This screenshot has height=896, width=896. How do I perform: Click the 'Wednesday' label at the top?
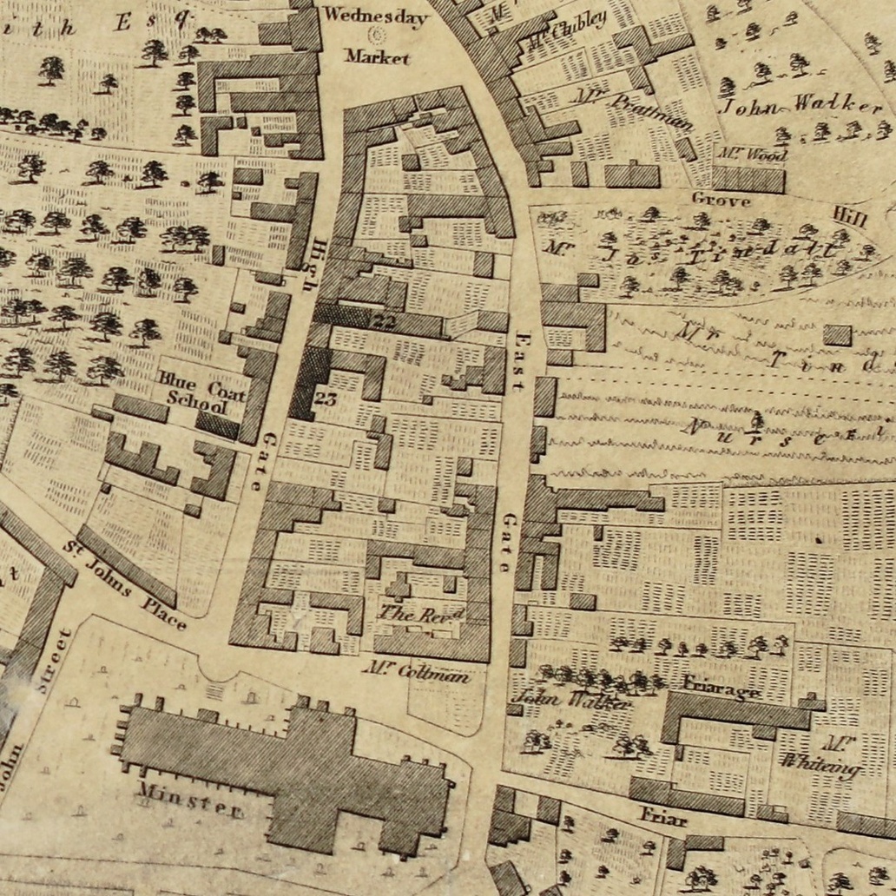point(376,16)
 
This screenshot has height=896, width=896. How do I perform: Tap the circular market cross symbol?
point(377,36)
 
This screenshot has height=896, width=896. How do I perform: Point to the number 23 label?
point(325,399)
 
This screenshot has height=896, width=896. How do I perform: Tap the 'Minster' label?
point(189,800)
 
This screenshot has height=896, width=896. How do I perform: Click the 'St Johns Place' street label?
point(127,590)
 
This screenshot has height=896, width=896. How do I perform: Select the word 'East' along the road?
point(521,359)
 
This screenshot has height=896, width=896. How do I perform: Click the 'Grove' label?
point(720,200)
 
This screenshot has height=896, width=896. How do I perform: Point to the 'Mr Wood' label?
point(752,155)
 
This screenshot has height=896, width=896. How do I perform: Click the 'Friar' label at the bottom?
point(663,817)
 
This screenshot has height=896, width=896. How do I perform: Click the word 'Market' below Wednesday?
point(376,56)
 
